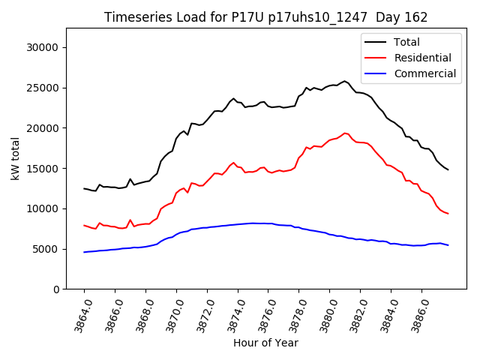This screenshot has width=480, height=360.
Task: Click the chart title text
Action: tap(265, 17)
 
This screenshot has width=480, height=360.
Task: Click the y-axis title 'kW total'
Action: tap(16, 159)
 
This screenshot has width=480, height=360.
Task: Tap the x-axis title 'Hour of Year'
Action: tap(265, 343)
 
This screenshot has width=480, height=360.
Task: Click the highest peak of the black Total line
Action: tap(345, 81)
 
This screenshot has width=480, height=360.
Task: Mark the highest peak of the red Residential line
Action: tap(345, 133)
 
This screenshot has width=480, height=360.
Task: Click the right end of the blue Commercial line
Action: tap(448, 245)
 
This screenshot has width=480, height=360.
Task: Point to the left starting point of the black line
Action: tap(84, 188)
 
